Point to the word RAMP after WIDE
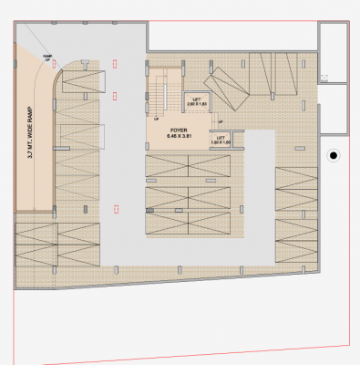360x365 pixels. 31,102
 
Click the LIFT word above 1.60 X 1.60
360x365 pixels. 220,138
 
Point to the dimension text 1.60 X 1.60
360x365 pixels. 220,143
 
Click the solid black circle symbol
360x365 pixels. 334,157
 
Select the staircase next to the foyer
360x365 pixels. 163,91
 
